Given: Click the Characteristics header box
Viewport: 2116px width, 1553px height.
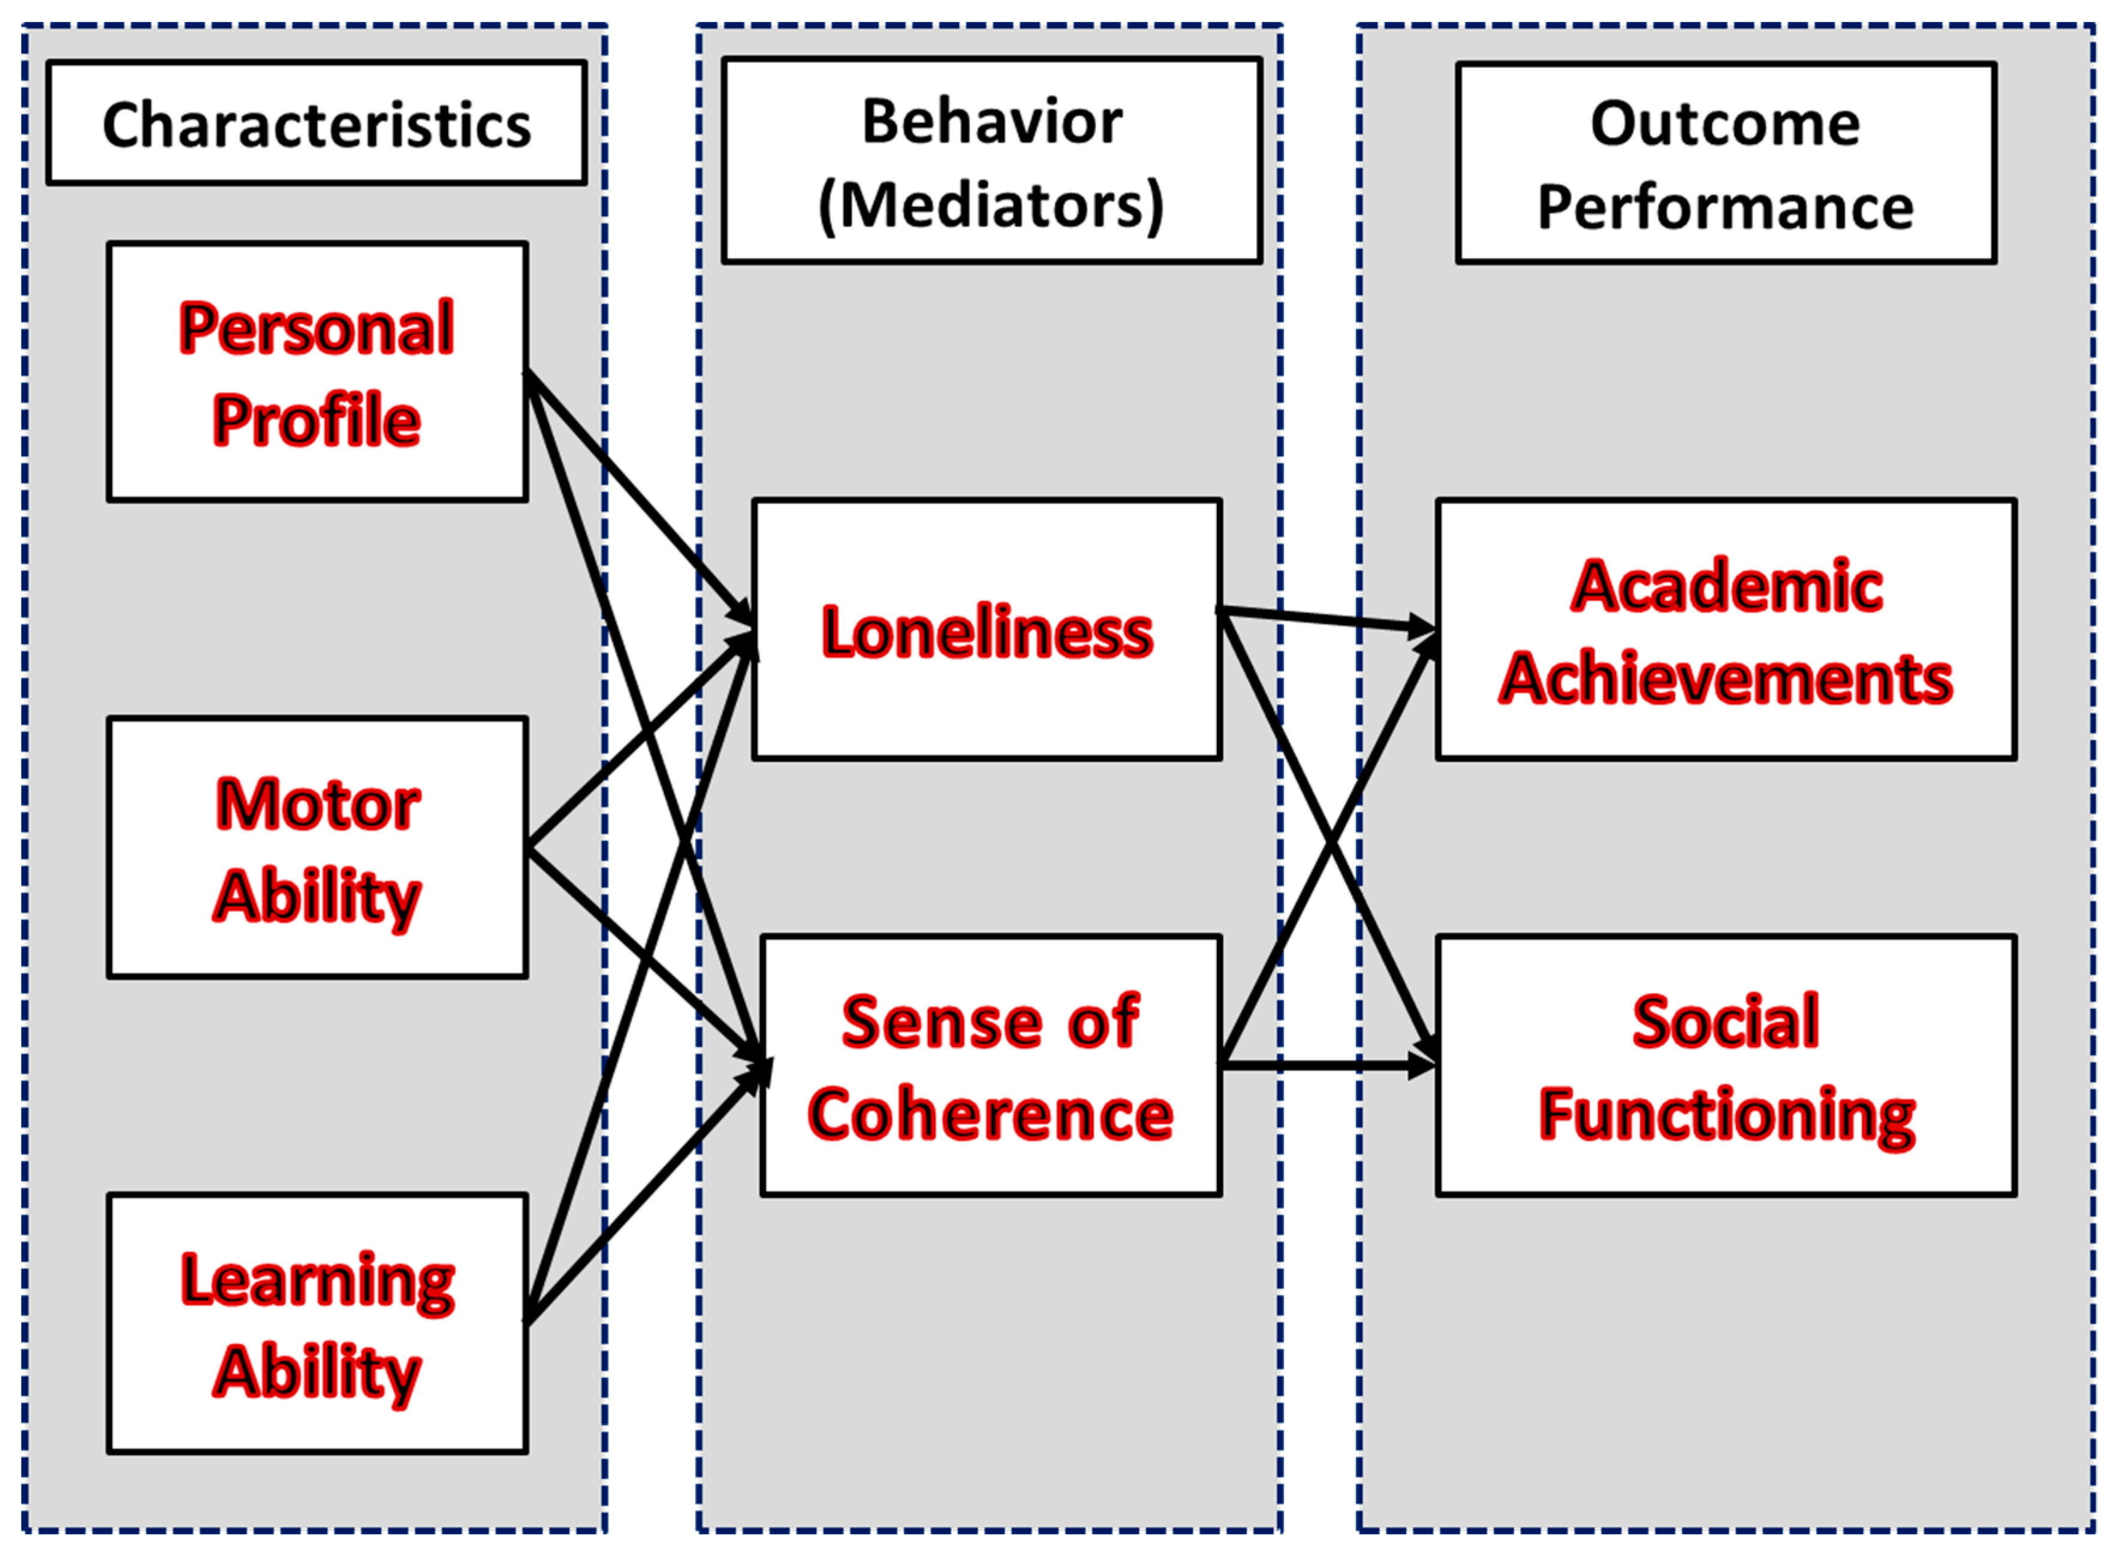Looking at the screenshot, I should coord(317,123).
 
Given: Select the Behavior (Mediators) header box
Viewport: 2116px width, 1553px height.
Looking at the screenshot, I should coord(991,161).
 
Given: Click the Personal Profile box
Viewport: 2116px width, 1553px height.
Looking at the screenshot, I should coord(317,372).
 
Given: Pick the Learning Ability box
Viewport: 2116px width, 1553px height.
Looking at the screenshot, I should coord(317,1323).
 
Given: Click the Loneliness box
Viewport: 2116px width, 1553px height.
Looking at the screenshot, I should coord(987,630).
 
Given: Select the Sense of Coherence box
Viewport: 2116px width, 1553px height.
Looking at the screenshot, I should coord(991,1066).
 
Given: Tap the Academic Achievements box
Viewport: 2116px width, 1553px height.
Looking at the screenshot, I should coord(1726,630).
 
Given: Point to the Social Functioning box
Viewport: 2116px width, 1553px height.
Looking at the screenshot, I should coord(1726,1066).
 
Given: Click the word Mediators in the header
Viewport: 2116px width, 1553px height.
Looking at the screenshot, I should coord(991,205).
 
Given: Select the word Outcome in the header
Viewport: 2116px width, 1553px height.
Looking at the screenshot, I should coord(1725,123).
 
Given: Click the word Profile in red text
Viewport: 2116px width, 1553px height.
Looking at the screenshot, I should coord(317,420).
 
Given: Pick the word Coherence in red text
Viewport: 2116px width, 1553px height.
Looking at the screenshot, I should coord(991,1115).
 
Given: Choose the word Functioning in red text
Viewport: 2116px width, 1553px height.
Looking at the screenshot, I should coord(1726,1115).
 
